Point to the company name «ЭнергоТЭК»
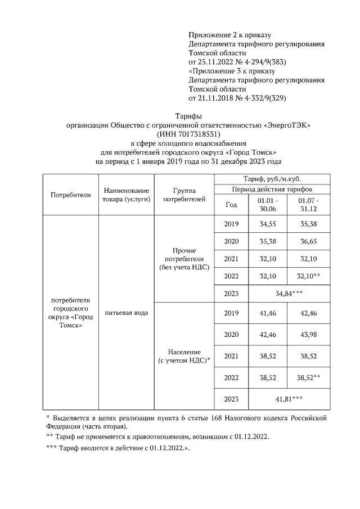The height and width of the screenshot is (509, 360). (x=288, y=125)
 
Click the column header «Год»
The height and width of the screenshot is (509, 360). (x=231, y=205)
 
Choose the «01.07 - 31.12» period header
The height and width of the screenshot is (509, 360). (x=308, y=205)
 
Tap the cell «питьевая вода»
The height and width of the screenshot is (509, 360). (x=127, y=313)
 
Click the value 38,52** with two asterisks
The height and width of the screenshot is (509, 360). (x=308, y=377)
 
